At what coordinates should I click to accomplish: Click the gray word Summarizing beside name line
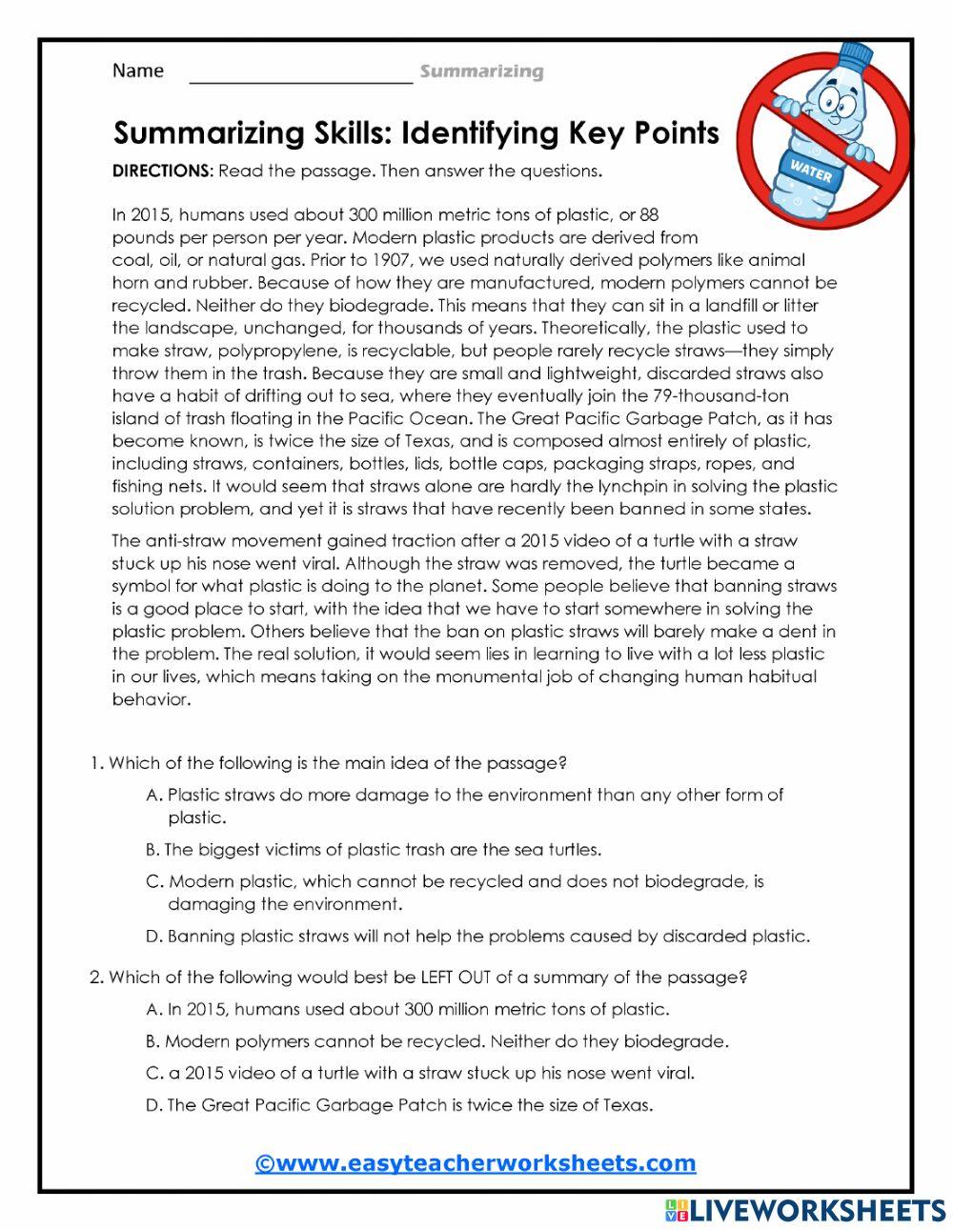click(x=481, y=71)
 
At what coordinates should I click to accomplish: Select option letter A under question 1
click(x=153, y=795)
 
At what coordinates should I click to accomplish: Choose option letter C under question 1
click(x=153, y=881)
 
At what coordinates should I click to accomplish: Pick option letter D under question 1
click(x=153, y=937)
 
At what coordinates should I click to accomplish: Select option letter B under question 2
click(x=152, y=1041)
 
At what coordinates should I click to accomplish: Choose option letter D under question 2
click(x=152, y=1105)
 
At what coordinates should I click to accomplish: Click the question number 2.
click(x=95, y=977)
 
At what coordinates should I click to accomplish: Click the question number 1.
click(x=95, y=763)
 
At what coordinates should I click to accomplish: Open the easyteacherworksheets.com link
click(x=476, y=1163)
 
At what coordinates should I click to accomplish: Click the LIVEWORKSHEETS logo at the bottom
click(x=805, y=1210)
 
